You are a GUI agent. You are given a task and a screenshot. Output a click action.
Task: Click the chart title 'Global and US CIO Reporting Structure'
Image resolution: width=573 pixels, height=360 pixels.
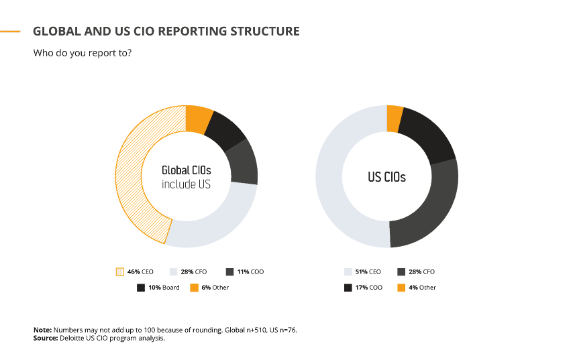(x=166, y=32)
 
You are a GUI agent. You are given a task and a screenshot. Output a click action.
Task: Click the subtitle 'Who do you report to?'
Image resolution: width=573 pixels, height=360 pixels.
(x=82, y=53)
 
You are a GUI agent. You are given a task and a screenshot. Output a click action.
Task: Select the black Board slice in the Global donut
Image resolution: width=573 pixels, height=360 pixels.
(x=224, y=127)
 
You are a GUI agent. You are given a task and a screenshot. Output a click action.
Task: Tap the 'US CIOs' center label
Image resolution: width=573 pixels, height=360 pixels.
(x=386, y=178)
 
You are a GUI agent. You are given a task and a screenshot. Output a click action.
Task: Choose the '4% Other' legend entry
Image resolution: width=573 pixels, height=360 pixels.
(x=423, y=288)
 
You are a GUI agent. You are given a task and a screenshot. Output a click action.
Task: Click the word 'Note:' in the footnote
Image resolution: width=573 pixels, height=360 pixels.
(x=42, y=331)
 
